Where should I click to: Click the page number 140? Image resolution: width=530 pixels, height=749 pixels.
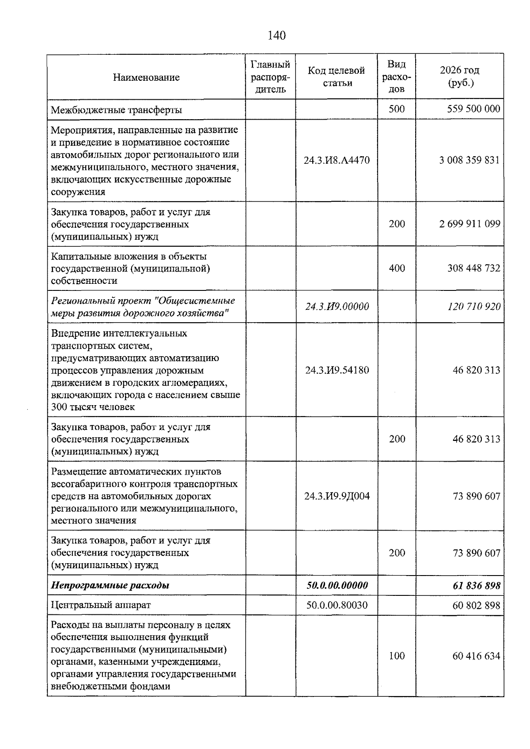[277, 35]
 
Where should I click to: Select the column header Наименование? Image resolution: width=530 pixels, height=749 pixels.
[146, 77]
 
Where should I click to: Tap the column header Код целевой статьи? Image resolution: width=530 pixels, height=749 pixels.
[337, 77]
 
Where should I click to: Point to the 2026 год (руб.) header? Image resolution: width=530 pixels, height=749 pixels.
[459, 77]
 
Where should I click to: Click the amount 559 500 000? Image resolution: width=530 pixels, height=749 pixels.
[473, 109]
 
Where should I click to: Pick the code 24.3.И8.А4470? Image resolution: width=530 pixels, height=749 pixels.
[337, 160]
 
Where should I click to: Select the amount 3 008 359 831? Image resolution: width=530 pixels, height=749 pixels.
[469, 160]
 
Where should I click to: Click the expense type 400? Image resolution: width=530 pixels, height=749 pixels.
[397, 268]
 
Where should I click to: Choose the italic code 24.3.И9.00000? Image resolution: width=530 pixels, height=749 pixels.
[337, 306]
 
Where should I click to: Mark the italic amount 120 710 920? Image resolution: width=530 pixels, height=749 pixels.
[474, 306]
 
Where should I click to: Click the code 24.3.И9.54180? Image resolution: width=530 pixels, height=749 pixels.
[337, 370]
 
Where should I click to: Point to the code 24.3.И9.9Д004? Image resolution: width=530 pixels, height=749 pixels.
[337, 496]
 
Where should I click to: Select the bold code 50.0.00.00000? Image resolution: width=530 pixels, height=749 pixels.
[337, 585]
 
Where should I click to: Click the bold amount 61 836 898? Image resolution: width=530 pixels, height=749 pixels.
[476, 585]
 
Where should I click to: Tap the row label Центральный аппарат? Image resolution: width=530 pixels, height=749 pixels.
[101, 605]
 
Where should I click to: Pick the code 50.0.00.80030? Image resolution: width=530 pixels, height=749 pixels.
[337, 605]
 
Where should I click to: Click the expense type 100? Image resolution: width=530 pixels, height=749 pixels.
[397, 656]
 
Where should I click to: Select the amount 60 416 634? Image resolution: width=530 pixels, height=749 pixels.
[476, 656]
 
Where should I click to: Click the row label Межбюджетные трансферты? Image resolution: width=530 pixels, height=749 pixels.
[117, 109]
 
